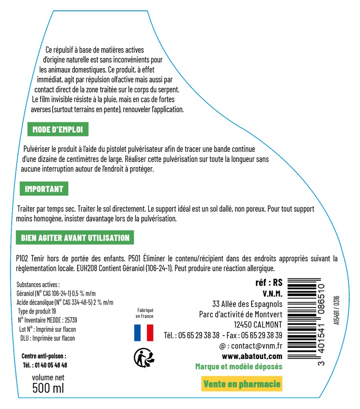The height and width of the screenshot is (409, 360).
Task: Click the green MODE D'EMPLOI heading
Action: coord(58,130)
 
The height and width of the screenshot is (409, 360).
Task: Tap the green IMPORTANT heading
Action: coord(44,189)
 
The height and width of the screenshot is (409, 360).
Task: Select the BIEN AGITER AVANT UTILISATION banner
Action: coord(75,237)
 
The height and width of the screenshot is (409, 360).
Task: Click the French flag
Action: coord(144,333)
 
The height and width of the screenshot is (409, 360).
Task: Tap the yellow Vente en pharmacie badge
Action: coord(242,384)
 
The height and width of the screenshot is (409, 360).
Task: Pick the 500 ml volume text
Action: coord(49,387)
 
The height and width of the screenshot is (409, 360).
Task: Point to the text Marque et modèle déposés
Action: coord(238,367)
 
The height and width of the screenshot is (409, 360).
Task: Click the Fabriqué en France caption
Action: coord(145,313)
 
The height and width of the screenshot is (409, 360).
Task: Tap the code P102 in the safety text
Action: coord(22,259)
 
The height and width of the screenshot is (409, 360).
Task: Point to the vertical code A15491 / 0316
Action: coord(336,310)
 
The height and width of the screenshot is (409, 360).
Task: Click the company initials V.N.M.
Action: coord(272,294)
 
